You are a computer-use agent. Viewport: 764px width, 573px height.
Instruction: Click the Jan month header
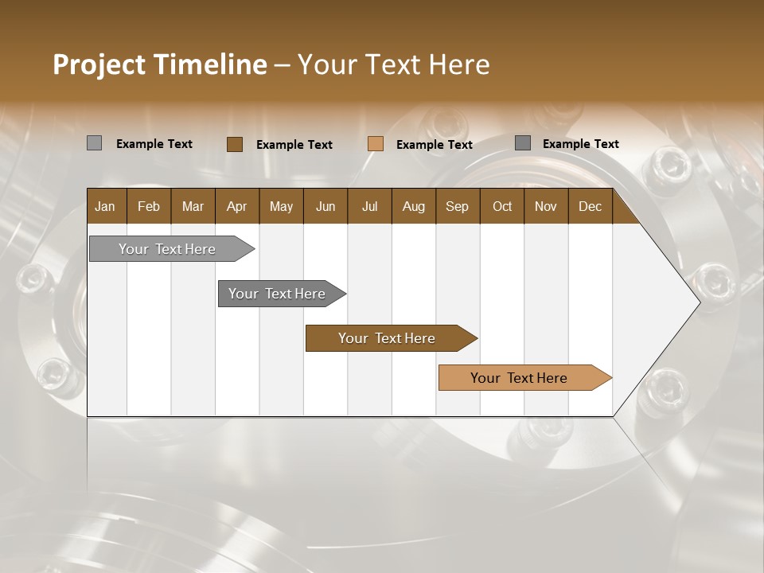coord(106,206)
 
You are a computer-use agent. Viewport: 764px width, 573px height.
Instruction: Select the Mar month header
coord(193,206)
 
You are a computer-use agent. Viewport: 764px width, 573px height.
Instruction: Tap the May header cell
coord(281,206)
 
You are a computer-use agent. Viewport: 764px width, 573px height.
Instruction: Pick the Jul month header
coord(369,206)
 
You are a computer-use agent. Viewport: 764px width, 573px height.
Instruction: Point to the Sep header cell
coord(457,206)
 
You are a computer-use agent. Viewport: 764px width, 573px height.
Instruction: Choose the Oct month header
coord(501,206)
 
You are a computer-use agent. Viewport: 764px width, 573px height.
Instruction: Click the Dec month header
coord(590,206)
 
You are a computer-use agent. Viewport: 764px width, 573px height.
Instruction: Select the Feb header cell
coord(149,206)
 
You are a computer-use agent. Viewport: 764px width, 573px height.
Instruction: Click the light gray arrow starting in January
coord(167,249)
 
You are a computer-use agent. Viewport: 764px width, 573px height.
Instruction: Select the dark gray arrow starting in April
coord(277,294)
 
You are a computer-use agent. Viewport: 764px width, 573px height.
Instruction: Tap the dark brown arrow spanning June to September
coord(387,338)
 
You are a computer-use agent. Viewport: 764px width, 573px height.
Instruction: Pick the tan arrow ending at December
coord(519,378)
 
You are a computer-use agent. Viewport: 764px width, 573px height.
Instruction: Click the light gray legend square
coord(94,143)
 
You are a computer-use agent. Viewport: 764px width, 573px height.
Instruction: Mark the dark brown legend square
coord(234,144)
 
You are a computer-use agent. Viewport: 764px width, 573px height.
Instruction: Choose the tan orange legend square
coord(376,144)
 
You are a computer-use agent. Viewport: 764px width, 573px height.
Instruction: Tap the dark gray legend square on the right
coord(523,143)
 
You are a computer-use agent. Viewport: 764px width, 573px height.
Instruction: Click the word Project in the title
coord(99,64)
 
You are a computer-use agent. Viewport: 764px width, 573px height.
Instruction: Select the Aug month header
coord(413,206)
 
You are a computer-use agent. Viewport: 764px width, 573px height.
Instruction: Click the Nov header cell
coord(545,206)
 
